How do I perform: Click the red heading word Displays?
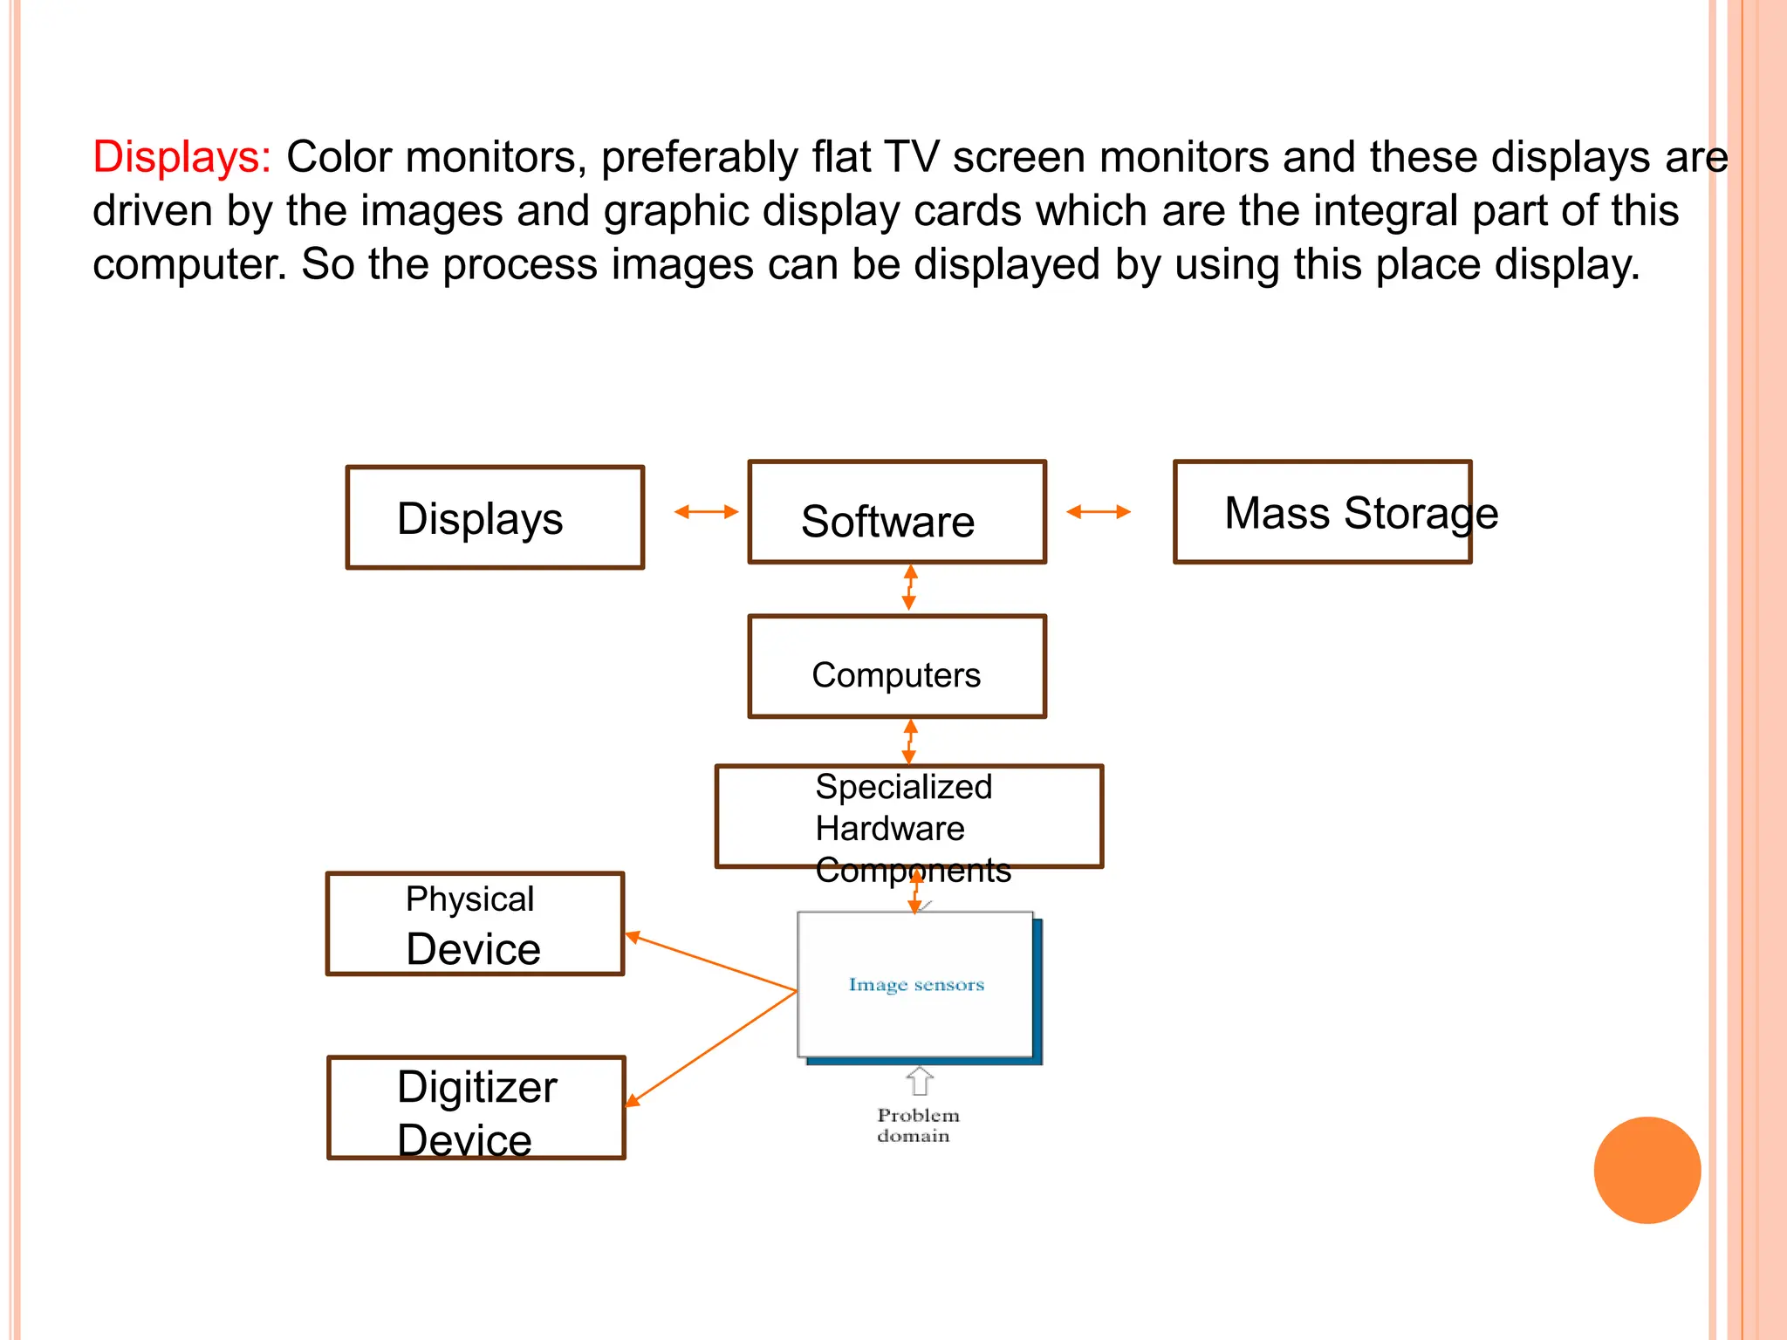181,158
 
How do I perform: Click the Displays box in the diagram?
495,517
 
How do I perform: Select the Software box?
896,512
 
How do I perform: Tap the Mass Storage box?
1322,512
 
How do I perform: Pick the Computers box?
896,667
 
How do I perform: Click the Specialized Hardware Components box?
908,817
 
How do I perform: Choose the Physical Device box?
475,924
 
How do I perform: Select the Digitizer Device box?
476,1108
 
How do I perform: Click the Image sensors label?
916,985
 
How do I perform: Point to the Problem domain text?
916,1125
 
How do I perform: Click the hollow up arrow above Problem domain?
919,1081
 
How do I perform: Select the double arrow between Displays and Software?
706,512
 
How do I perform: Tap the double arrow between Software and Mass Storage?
1098,512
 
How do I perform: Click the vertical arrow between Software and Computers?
909,587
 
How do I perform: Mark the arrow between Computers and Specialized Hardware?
909,742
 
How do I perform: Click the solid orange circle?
1647,1170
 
